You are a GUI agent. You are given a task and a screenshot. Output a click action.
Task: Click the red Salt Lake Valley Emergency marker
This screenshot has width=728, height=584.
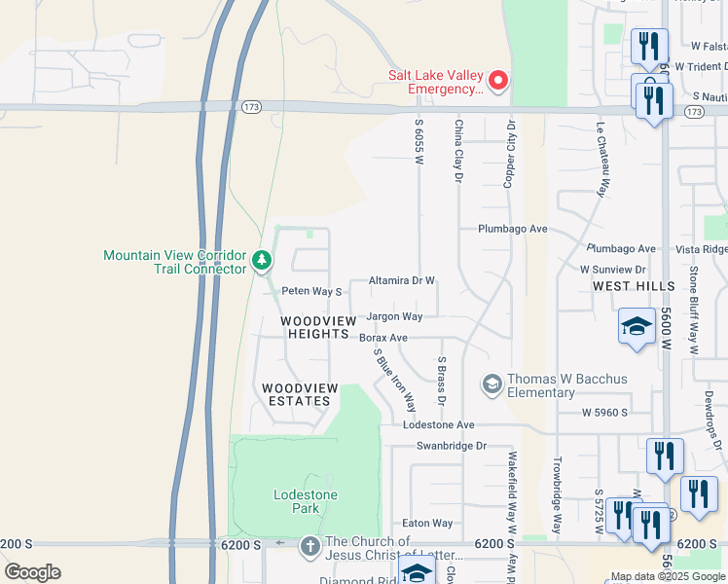click(498, 81)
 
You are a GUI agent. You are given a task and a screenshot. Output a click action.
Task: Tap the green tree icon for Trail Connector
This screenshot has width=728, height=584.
click(261, 261)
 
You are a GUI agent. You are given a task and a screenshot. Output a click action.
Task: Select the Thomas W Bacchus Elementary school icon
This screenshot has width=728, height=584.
click(491, 384)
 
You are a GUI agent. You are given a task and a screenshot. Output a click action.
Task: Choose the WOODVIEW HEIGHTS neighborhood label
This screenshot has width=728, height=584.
click(315, 327)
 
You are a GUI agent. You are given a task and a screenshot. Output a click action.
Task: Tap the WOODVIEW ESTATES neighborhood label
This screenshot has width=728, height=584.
click(300, 394)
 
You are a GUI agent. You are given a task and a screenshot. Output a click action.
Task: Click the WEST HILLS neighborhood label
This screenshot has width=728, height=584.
click(633, 286)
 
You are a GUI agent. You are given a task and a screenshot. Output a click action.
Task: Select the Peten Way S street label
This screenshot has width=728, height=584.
click(311, 291)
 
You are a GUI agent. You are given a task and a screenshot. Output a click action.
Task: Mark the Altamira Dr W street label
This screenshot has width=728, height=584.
click(401, 280)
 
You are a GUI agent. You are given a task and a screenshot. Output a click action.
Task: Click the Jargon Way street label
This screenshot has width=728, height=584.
click(394, 316)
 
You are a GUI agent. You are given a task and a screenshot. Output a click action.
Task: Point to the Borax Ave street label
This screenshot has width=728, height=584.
click(382, 338)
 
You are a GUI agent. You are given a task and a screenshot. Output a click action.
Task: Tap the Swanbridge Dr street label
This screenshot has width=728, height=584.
click(450, 446)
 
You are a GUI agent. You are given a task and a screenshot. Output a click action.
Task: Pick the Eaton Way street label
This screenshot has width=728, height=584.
click(427, 523)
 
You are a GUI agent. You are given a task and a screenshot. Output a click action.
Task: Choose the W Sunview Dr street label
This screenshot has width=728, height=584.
click(612, 269)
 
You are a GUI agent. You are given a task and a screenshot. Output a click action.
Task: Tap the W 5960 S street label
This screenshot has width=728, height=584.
click(606, 413)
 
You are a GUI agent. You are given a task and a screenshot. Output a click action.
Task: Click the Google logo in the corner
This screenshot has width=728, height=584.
click(32, 572)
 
